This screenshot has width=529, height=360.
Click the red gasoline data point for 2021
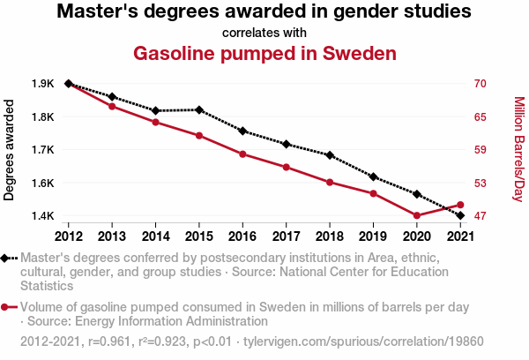(460, 206)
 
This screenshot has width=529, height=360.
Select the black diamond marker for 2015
(199, 110)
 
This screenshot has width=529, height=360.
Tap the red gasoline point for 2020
(417, 215)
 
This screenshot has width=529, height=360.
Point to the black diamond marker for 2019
(374, 177)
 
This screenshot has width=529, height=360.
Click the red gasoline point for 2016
(242, 154)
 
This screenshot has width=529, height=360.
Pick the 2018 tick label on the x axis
(330, 236)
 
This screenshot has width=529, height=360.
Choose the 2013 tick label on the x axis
(112, 236)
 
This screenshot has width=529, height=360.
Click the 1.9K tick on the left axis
(41, 84)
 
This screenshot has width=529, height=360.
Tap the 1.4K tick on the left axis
(41, 216)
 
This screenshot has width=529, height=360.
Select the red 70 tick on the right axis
(480, 84)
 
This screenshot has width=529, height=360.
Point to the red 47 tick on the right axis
(480, 216)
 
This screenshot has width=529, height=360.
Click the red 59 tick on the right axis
(480, 150)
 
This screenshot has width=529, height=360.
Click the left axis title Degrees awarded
(11, 150)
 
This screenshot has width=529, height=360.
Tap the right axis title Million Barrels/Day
(518, 150)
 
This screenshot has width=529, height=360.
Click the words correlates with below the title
(264, 34)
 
